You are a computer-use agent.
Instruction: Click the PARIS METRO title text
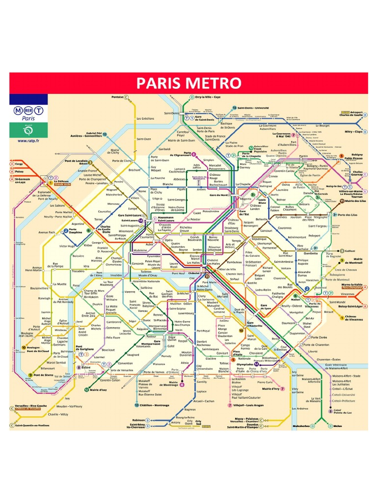coord(188,83)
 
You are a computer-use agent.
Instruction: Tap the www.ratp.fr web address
coord(28,140)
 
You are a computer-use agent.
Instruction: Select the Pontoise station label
coord(117,97)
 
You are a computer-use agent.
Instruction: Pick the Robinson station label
coord(139,420)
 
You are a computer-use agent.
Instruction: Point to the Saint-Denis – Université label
coord(253,107)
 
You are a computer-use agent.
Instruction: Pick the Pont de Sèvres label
coord(44,375)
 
